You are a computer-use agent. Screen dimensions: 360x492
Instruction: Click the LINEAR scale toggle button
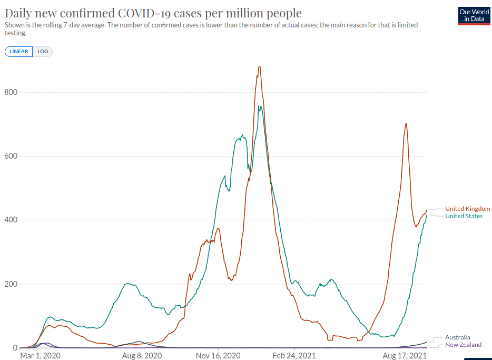[19, 52]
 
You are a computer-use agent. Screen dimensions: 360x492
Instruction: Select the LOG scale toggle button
[43, 52]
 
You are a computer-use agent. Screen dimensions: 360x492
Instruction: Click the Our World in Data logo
[474, 16]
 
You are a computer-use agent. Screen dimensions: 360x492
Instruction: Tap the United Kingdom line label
[467, 209]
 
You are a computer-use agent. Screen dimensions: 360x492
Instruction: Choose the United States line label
[464, 216]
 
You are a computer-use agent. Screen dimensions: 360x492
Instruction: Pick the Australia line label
[457, 337]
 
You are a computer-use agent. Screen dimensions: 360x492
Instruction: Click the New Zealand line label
[463, 345]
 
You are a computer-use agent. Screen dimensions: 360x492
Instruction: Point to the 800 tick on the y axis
[11, 92]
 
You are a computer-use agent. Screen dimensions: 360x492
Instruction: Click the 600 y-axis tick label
[11, 156]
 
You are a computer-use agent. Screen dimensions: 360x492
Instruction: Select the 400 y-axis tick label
[11, 220]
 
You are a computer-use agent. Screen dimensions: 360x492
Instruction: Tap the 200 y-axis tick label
[11, 284]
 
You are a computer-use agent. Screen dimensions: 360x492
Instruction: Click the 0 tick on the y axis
[15, 348]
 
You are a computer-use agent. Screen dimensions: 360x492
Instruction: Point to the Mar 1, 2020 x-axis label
[41, 356]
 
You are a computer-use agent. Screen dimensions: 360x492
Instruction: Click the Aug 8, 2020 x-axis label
[142, 356]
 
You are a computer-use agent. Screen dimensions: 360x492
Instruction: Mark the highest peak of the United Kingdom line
[259, 66]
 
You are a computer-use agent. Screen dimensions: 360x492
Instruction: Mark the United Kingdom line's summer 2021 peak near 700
[406, 123]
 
